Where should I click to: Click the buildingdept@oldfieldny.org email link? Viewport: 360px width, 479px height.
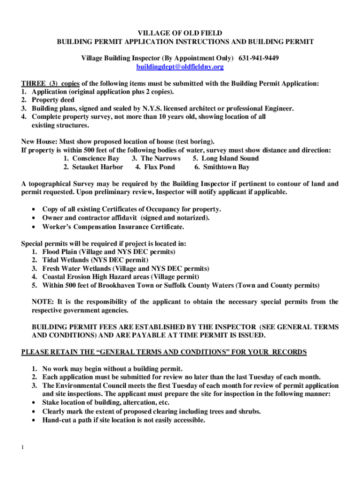tap(180, 67)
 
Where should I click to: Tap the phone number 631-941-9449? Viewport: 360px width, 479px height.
tap(259, 58)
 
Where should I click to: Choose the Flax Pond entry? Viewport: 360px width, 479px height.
tap(159, 167)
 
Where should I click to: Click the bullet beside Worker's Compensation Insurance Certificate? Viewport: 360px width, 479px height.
tap(33, 227)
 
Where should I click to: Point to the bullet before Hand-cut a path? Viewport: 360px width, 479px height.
tap(33, 421)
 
